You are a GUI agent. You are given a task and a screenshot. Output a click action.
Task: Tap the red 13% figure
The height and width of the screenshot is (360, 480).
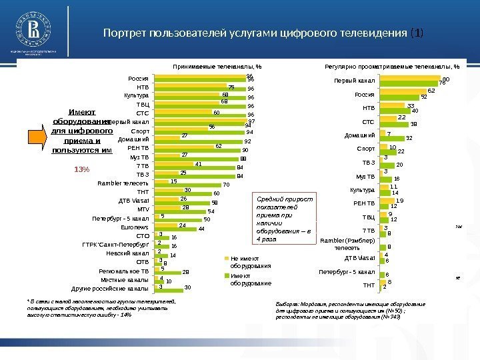pos(82,169)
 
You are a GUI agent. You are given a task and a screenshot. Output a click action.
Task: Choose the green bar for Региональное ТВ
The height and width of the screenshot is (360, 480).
pos(167,272)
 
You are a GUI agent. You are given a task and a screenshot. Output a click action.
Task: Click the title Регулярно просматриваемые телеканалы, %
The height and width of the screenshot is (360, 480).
pos(391,67)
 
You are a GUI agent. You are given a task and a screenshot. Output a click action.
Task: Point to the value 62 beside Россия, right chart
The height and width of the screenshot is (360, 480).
pos(431,91)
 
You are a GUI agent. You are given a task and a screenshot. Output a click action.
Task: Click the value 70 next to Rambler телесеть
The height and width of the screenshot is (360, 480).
pos(226,185)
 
